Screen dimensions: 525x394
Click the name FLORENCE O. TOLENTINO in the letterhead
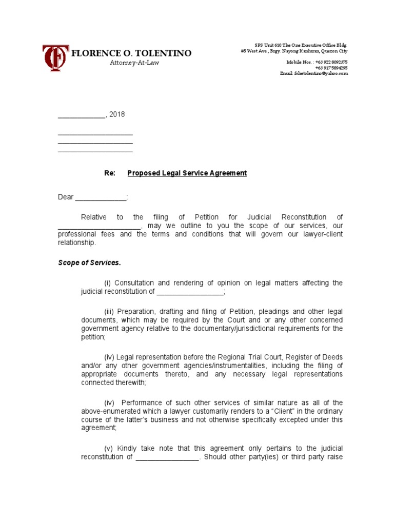(x=132, y=53)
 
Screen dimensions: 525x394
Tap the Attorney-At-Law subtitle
(x=131, y=63)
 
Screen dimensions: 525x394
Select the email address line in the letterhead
(x=313, y=74)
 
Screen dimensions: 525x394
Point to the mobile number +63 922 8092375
(x=331, y=62)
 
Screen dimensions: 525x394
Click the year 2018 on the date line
(x=117, y=114)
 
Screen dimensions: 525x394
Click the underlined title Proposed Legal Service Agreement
(x=187, y=173)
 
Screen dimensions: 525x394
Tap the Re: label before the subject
(x=110, y=173)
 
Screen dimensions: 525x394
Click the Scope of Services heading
(x=89, y=263)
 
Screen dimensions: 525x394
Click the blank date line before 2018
(x=81, y=114)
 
